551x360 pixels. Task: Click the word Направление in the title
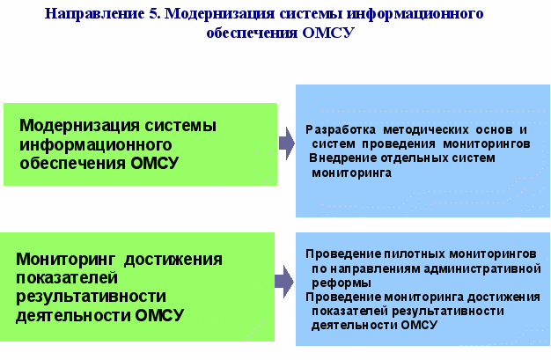(x=94, y=14)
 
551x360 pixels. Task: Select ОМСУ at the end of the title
(x=327, y=33)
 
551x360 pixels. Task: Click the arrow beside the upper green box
(x=287, y=143)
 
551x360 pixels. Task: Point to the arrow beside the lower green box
(x=284, y=282)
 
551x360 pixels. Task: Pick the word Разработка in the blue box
(x=341, y=129)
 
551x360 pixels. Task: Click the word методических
(x=426, y=129)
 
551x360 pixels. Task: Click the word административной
(x=482, y=269)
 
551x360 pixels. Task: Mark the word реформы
(x=342, y=283)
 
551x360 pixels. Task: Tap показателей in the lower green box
(x=67, y=278)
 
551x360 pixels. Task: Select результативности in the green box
(x=91, y=297)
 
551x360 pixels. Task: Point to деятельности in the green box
(x=73, y=315)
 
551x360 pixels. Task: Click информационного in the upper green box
(x=96, y=145)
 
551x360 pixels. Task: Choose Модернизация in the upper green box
(x=80, y=126)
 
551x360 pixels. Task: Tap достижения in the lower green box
(x=173, y=260)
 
